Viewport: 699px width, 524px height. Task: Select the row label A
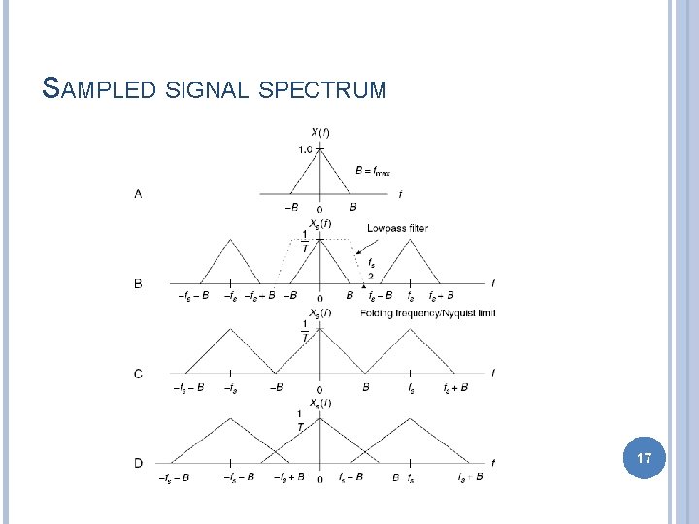pyautogui.click(x=138, y=194)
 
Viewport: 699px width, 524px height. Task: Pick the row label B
pyautogui.click(x=138, y=283)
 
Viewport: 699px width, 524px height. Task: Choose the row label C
pyautogui.click(x=138, y=373)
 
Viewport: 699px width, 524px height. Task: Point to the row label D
pyautogui.click(x=138, y=463)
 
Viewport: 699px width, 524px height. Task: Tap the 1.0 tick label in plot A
pyautogui.click(x=305, y=149)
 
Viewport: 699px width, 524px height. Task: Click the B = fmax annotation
pyautogui.click(x=373, y=172)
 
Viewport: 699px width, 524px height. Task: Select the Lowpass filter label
pyautogui.click(x=397, y=228)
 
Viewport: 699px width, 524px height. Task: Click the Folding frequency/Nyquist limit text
pyautogui.click(x=427, y=312)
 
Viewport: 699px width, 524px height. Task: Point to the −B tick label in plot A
pyautogui.click(x=291, y=207)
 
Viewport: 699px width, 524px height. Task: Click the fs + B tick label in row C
pyautogui.click(x=456, y=387)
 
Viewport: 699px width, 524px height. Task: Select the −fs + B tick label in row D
pyautogui.click(x=292, y=476)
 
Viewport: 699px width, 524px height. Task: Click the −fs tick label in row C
pyautogui.click(x=230, y=387)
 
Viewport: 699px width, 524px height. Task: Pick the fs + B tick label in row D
pyautogui.click(x=470, y=476)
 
